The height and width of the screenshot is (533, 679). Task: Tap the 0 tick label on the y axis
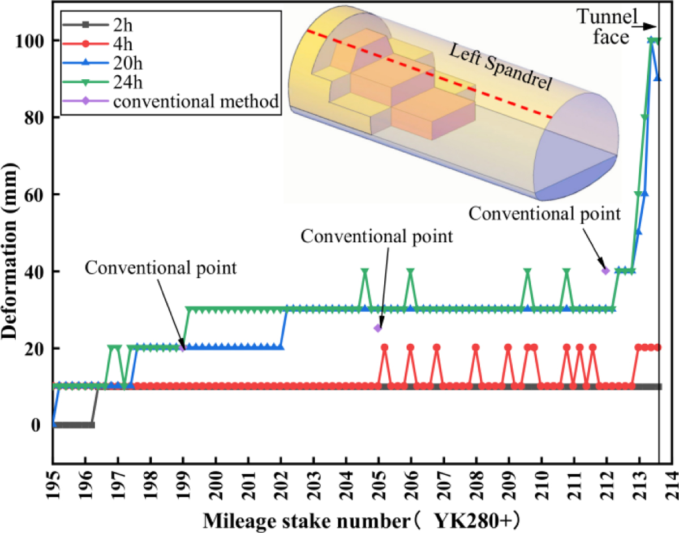tap(38, 425)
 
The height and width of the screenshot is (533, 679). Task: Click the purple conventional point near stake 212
tap(606, 271)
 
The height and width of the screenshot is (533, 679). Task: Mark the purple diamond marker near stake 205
tap(378, 328)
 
